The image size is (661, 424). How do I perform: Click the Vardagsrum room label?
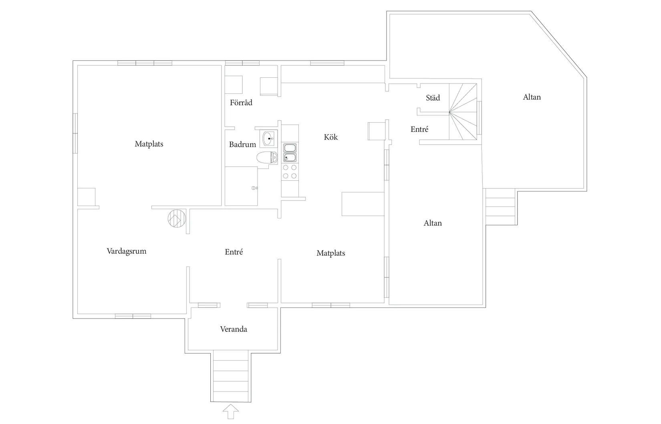point(126,251)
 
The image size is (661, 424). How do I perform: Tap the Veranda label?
point(234,329)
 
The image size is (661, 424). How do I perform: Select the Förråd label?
point(241,103)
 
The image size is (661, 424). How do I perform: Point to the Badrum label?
point(242,144)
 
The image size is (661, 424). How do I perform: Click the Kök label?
point(331,137)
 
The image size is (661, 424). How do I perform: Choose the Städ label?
point(433,97)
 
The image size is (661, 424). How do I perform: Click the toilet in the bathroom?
point(267,157)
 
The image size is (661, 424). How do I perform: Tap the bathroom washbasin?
point(268,139)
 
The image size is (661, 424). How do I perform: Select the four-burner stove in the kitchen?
point(290,172)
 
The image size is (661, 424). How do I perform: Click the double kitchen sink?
point(290,153)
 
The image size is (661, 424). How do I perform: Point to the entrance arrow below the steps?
point(230,412)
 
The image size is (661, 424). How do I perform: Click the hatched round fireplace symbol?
point(177,218)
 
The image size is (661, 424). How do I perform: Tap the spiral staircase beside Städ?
point(463,111)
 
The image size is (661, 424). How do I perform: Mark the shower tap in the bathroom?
point(255,188)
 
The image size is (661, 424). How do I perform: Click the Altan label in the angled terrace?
point(532,97)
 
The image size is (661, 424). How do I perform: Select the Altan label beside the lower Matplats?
point(433,223)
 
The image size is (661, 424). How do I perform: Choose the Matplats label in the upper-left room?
point(149,144)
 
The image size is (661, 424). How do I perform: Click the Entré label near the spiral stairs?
point(419,129)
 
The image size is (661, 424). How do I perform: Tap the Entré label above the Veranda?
point(234,252)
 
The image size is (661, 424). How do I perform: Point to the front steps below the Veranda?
point(230,376)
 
